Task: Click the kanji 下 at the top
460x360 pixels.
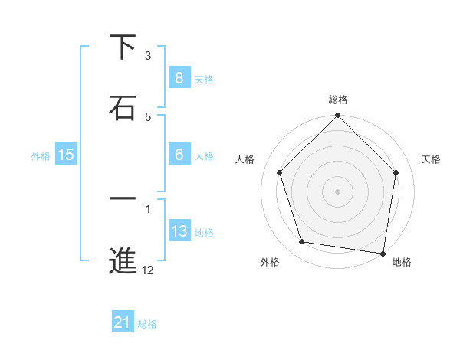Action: point(123,48)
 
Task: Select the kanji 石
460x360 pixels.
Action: point(123,108)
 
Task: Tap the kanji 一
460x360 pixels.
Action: point(123,199)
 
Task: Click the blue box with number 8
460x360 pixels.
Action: point(179,77)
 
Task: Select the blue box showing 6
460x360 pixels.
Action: point(179,155)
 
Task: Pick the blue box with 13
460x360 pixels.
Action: point(179,231)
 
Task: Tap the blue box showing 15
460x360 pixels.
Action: point(65,155)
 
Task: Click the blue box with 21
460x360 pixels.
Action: point(123,322)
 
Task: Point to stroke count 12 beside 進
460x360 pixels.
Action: point(148,270)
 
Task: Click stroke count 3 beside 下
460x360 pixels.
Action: point(148,55)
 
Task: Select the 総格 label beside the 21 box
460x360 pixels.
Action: point(147,324)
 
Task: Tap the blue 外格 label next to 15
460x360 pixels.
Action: point(41,155)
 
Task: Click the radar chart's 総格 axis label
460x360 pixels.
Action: point(337,100)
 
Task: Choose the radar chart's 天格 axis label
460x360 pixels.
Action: point(431,159)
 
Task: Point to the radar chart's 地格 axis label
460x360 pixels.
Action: point(402,262)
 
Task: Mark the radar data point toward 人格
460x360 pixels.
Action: point(280,172)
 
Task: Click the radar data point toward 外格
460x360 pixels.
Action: point(302,242)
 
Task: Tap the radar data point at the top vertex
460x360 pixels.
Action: point(337,116)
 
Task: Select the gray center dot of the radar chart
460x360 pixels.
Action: point(337,191)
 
